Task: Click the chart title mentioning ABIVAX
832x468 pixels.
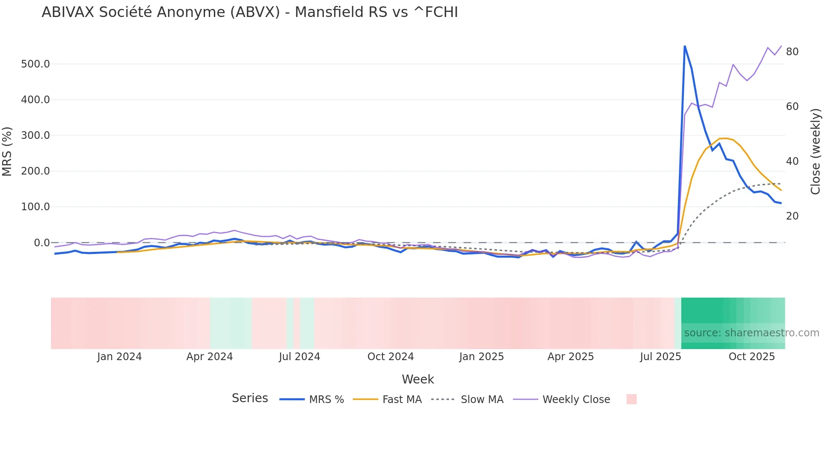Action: [x=250, y=12]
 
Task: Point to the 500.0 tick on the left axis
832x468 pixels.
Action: [x=35, y=64]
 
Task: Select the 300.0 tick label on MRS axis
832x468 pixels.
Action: [x=35, y=135]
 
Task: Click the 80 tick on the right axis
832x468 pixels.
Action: [x=792, y=52]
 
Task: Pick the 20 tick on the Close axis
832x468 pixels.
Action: [x=792, y=216]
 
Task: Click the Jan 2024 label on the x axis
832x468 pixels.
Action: [x=119, y=357]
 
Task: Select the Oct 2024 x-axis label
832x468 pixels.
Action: [x=391, y=357]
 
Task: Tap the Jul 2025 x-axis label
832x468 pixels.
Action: [x=661, y=357]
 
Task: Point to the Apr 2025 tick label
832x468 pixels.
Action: [x=571, y=357]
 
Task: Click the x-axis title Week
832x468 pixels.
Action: [x=418, y=379]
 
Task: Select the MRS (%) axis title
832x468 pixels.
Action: [x=7, y=152]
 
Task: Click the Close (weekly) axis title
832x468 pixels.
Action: [x=815, y=152]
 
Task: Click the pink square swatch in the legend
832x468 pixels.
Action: [x=631, y=399]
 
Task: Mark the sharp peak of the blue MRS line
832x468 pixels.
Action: [x=685, y=46]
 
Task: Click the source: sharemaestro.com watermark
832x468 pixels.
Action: [x=751, y=333]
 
